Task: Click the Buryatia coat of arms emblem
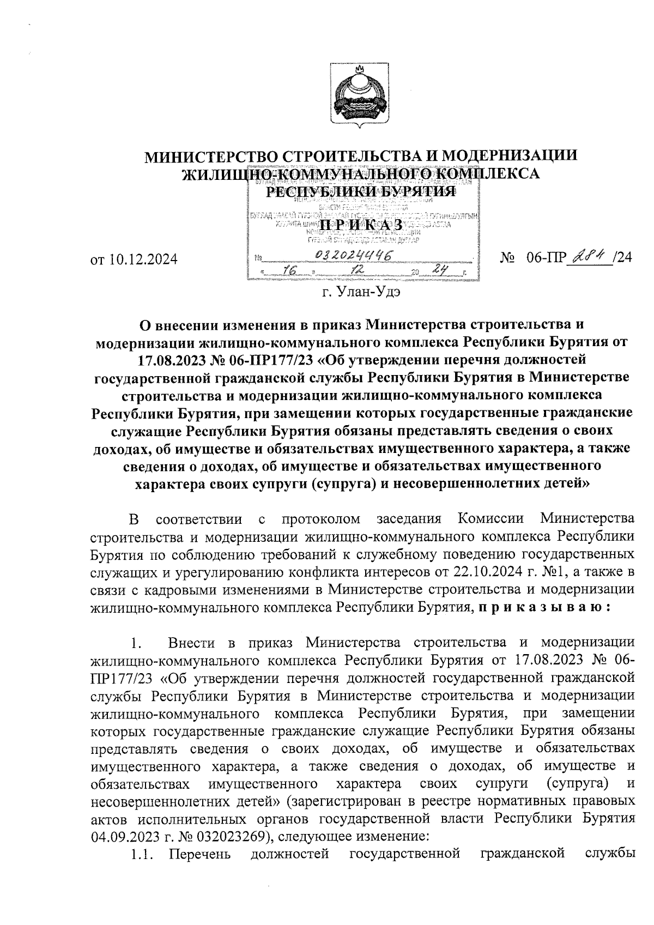[x=360, y=95]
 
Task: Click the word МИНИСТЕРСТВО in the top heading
[x=211, y=156]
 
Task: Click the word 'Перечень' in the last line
[x=200, y=854]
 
